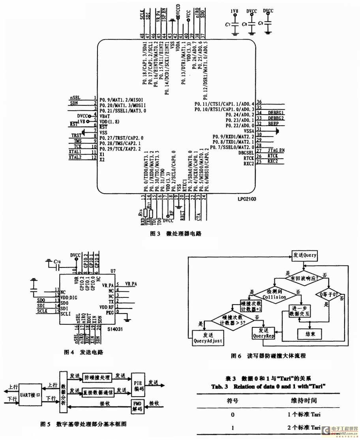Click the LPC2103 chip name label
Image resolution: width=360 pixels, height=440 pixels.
pyautogui.click(x=247, y=199)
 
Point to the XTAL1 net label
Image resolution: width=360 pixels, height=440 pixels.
pyautogui.click(x=75, y=152)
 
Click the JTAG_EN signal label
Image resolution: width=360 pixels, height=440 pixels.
pyautogui.click(x=276, y=150)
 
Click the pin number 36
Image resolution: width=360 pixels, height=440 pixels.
pyautogui.click(x=259, y=102)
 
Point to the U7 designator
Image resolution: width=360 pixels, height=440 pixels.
pyautogui.click(x=113, y=271)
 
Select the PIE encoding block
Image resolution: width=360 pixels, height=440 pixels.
pyautogui.click(x=138, y=382)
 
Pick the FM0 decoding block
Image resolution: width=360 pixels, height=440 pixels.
pyautogui.click(x=138, y=406)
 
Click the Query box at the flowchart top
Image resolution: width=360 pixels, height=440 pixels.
pyautogui.click(x=304, y=255)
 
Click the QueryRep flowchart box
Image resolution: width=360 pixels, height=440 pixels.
pyautogui.click(x=263, y=333)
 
